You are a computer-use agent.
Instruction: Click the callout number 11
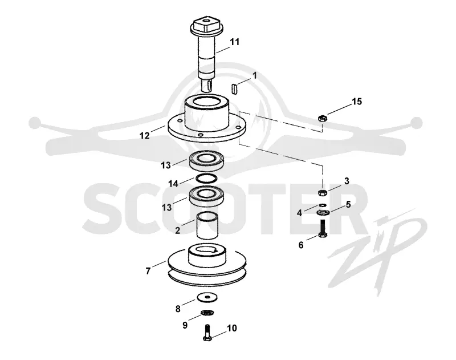pyautogui.click(x=234, y=42)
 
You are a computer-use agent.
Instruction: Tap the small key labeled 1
pyautogui.click(x=235, y=89)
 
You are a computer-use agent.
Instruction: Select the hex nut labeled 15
pyautogui.click(x=323, y=118)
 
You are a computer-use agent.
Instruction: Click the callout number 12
pyautogui.click(x=145, y=136)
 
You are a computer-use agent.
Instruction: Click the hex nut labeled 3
pyautogui.click(x=323, y=192)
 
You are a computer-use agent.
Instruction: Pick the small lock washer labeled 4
pyautogui.click(x=323, y=205)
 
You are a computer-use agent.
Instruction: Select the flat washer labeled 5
pyautogui.click(x=323, y=213)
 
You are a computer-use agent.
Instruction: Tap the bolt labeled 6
pyautogui.click(x=323, y=228)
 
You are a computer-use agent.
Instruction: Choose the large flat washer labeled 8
pyautogui.click(x=207, y=297)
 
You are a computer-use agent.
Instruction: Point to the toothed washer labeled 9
pyautogui.click(x=207, y=313)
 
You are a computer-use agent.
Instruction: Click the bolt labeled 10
pyautogui.click(x=207, y=333)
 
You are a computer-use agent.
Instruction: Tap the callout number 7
pyautogui.click(x=148, y=271)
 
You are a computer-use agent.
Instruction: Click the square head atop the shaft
pyautogui.click(x=207, y=25)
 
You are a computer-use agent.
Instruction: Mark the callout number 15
pyautogui.click(x=357, y=102)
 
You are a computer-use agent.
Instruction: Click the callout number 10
pyautogui.click(x=232, y=328)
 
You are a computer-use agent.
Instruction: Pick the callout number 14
pyautogui.click(x=173, y=184)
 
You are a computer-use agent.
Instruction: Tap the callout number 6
pyautogui.click(x=301, y=245)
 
